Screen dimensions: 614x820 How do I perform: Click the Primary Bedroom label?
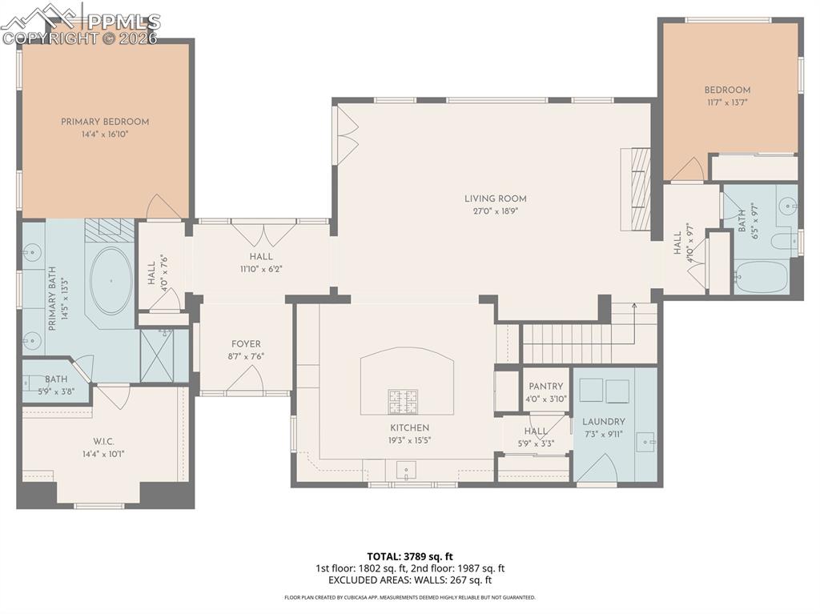[x=105, y=122]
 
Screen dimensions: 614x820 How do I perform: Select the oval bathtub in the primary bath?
[x=112, y=280]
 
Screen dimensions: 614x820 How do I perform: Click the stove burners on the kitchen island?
[x=404, y=399]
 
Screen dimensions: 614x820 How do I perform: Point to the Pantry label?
[x=545, y=387]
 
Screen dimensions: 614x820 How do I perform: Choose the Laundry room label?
[x=604, y=422]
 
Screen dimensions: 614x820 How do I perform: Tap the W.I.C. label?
[x=105, y=440]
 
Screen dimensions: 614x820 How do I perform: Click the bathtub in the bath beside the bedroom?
[x=761, y=276]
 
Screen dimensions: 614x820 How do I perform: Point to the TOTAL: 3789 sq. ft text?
[x=410, y=556]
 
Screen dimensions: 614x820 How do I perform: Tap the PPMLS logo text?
[x=124, y=21]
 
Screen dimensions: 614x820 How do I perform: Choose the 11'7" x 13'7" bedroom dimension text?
[x=727, y=102]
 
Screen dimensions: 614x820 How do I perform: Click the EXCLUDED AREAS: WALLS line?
[x=410, y=580]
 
